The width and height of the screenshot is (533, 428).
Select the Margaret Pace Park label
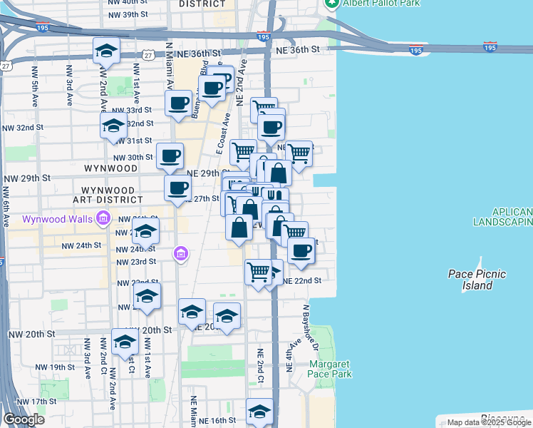[x=331, y=369]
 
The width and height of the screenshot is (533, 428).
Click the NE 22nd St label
[x=302, y=281]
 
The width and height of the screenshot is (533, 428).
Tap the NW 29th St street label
[x=28, y=178]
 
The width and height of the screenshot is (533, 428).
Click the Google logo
[x=24, y=419]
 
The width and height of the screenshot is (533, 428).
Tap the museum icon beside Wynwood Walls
[x=103, y=218]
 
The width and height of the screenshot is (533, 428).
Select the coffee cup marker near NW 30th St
[x=170, y=156]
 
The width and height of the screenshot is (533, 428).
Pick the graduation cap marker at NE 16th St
[x=259, y=411]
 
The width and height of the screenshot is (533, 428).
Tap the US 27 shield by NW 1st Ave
[x=148, y=55]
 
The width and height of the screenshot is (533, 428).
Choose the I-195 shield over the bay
[x=490, y=47]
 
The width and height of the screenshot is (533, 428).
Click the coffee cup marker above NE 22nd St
[x=301, y=250]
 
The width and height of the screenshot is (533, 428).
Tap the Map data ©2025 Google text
[x=489, y=423]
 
